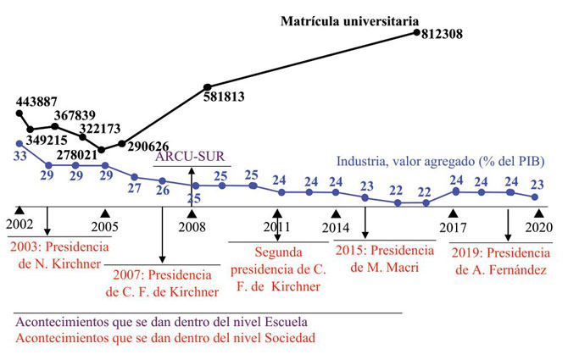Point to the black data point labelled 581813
click(207, 87)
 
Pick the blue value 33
click(19, 156)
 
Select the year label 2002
click(20, 226)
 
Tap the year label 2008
click(191, 227)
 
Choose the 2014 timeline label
click(337, 227)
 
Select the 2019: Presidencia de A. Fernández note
click(500, 263)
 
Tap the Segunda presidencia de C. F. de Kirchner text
click(276, 269)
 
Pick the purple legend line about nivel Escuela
click(161, 323)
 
